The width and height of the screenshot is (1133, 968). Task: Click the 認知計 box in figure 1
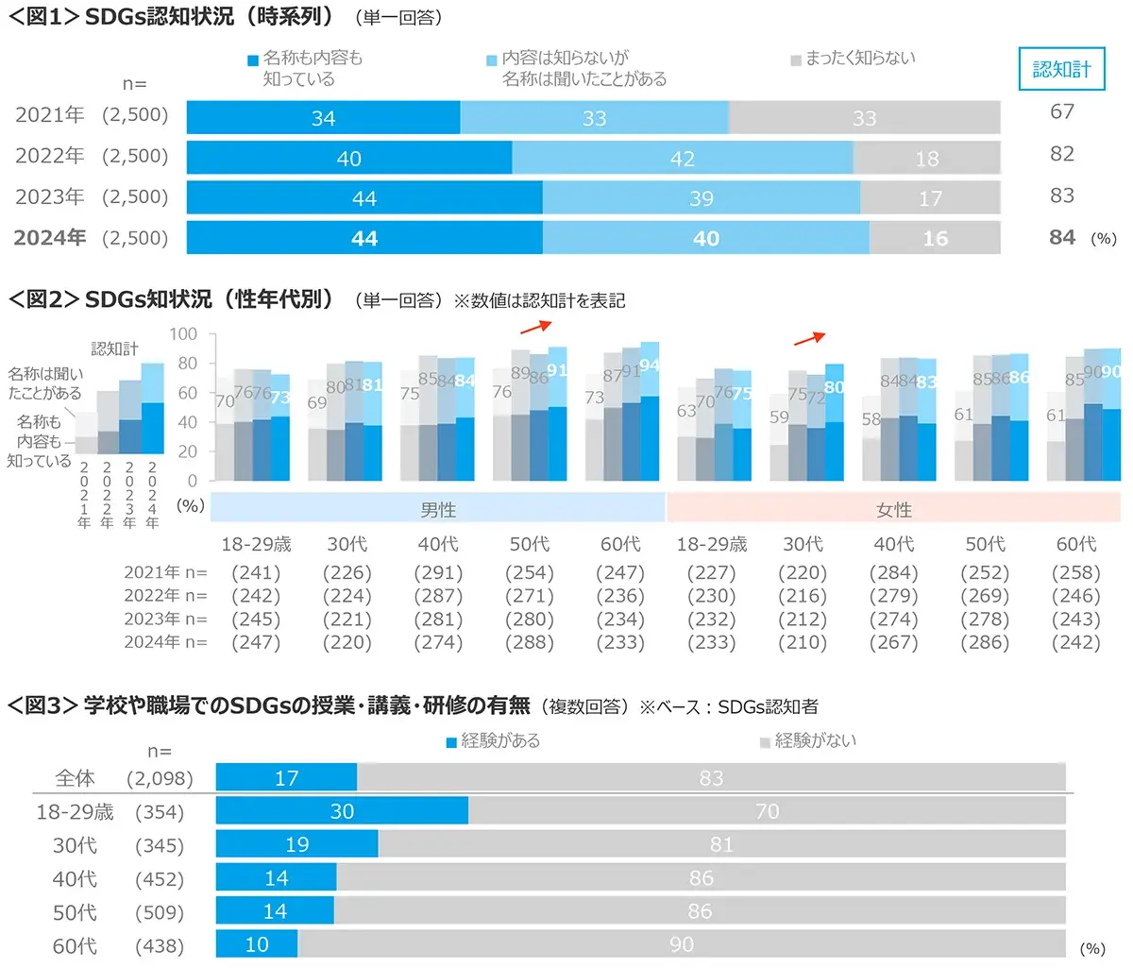click(x=1061, y=69)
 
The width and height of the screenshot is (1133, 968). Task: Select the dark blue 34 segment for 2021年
click(x=323, y=118)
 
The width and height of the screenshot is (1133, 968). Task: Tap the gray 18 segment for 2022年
click(x=926, y=158)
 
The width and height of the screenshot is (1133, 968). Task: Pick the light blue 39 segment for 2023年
click(x=701, y=198)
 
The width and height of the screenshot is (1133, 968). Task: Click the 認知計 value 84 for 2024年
click(x=1062, y=237)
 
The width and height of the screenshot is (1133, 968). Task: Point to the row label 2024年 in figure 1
click(x=50, y=237)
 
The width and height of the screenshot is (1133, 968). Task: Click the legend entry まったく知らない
click(x=859, y=59)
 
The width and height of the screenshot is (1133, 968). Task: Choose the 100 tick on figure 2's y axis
click(x=183, y=334)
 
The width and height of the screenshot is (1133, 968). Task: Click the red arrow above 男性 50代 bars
click(x=535, y=326)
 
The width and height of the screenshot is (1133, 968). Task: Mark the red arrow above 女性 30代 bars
click(x=809, y=337)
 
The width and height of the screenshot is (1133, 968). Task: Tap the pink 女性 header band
click(x=893, y=509)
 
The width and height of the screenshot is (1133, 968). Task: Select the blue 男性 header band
click(x=438, y=509)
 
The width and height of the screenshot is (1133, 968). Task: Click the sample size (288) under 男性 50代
click(x=530, y=642)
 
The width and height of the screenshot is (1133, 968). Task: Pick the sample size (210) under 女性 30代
click(x=803, y=642)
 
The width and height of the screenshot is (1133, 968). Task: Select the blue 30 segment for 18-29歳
click(x=342, y=811)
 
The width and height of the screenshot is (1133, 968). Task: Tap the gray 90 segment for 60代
click(x=681, y=944)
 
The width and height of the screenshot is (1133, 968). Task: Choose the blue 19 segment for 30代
click(x=296, y=844)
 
